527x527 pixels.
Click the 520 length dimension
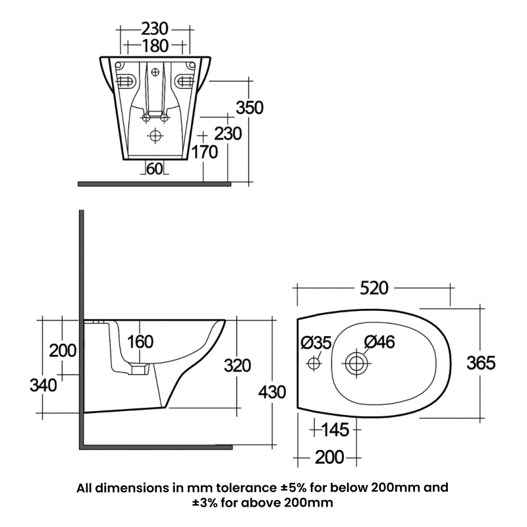[373, 288]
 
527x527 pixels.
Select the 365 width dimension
[481, 362]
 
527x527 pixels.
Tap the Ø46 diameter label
[379, 342]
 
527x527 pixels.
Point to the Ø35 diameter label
[316, 343]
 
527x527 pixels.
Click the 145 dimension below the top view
[336, 430]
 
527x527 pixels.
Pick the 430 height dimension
[272, 392]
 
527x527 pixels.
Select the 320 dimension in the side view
[238, 364]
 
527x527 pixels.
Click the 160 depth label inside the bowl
[140, 342]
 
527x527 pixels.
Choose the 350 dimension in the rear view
[250, 107]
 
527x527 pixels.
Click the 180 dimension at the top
[155, 45]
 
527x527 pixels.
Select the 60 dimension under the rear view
[154, 169]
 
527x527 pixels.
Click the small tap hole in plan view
[314, 362]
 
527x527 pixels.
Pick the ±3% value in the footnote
[207, 503]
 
